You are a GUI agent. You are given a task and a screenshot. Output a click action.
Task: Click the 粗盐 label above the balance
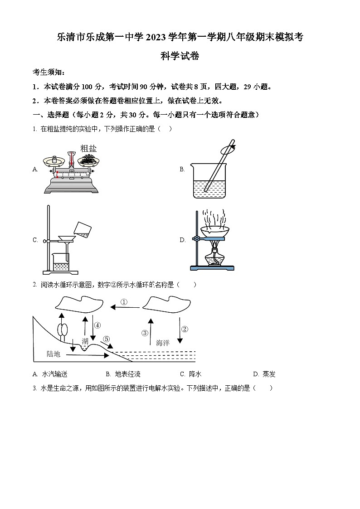point(88,148)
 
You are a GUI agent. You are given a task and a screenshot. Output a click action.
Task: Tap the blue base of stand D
point(213,268)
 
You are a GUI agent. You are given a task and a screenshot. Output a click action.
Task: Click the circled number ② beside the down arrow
point(184,330)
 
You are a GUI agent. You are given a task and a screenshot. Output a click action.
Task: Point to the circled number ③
point(145,333)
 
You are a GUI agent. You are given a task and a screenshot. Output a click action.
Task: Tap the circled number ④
point(97,325)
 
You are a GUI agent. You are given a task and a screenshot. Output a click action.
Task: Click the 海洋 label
point(162,343)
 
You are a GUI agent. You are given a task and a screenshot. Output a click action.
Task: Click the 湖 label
point(85,341)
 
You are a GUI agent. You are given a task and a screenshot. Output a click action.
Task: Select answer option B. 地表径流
point(123,374)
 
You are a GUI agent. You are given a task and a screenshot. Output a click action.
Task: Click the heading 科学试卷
point(180,56)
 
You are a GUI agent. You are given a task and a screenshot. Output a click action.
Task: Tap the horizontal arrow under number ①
point(125,308)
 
